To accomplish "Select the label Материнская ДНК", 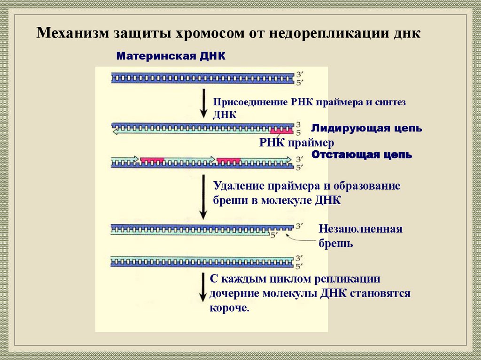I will click(171, 56).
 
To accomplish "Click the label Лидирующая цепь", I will click(366, 128).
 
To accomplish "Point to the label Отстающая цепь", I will click(362, 154).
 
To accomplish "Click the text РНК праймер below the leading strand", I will click(296, 143).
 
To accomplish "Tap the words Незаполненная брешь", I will click(360, 237).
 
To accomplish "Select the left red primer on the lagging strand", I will click(152, 161).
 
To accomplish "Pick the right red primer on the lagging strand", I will click(229, 161).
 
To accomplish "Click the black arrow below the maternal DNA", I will click(203, 104).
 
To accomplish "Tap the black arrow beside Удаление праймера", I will click(203, 197).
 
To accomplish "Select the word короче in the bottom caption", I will click(228, 308).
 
